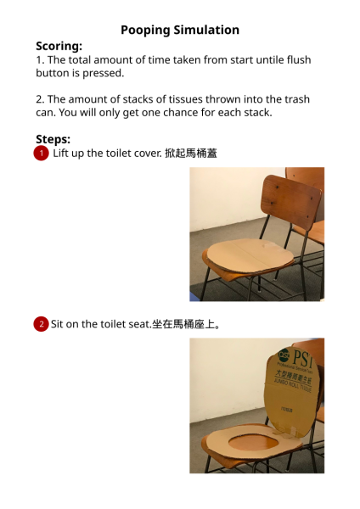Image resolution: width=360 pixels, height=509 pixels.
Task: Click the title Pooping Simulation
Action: (180, 31)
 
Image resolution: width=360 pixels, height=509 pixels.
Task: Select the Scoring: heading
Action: (59, 46)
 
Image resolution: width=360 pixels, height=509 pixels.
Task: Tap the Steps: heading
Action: (53, 139)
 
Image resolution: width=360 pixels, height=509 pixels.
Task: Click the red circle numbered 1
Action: (41, 154)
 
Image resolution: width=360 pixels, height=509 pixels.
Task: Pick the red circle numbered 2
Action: (41, 324)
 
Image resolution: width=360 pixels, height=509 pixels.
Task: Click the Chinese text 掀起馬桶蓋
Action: (191, 154)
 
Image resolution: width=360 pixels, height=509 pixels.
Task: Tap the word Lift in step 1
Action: (59, 154)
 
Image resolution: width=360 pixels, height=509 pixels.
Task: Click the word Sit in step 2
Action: (57, 324)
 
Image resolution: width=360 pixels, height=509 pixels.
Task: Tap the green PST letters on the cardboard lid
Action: (302, 358)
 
